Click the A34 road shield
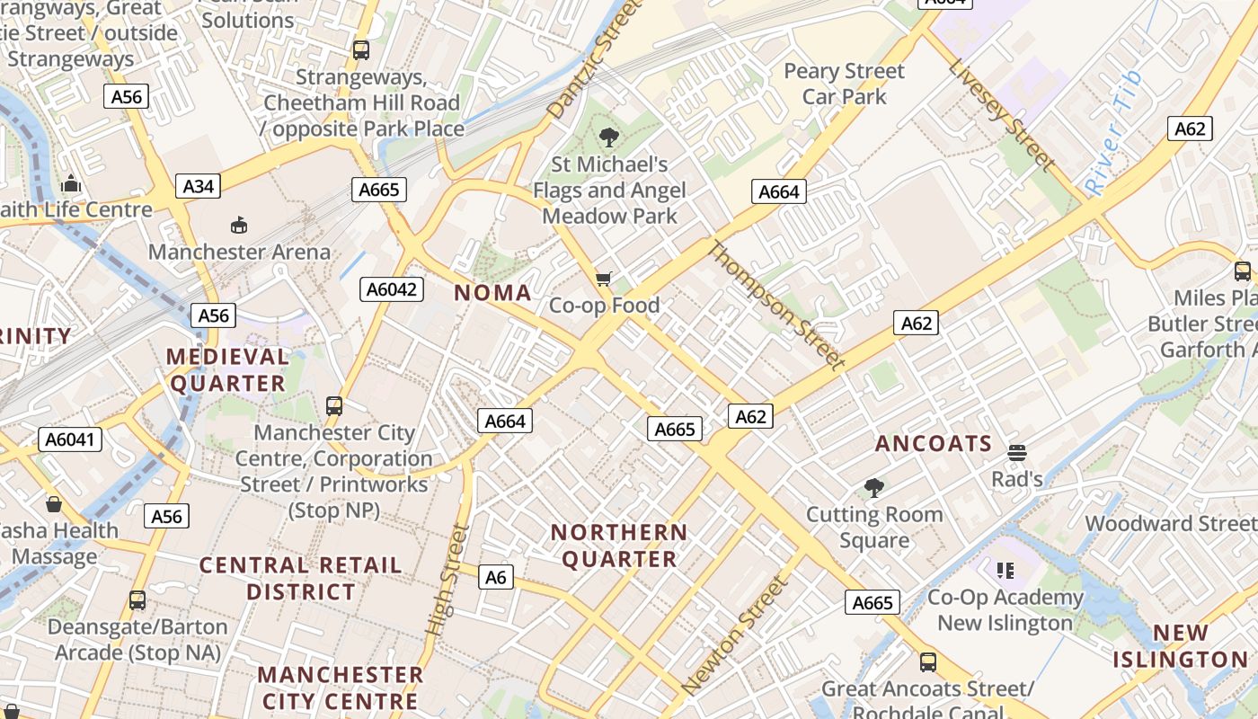tap(199, 186)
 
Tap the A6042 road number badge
tap(392, 288)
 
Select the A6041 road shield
tap(71, 439)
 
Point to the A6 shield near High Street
tap(496, 577)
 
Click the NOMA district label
tap(492, 293)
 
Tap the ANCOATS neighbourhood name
tap(934, 443)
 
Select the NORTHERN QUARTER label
tap(619, 546)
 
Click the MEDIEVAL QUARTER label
tap(227, 370)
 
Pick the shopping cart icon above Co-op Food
tap(604, 279)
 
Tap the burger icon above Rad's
tap(1017, 452)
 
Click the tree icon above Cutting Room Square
tap(873, 488)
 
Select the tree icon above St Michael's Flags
tap(609, 138)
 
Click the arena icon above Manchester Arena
tap(239, 225)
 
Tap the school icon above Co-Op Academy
tap(1006, 570)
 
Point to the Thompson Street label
tap(777, 306)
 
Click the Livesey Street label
tap(1001, 114)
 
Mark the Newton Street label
tap(734, 635)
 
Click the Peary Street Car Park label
tap(844, 84)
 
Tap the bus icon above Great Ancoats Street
tap(928, 662)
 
